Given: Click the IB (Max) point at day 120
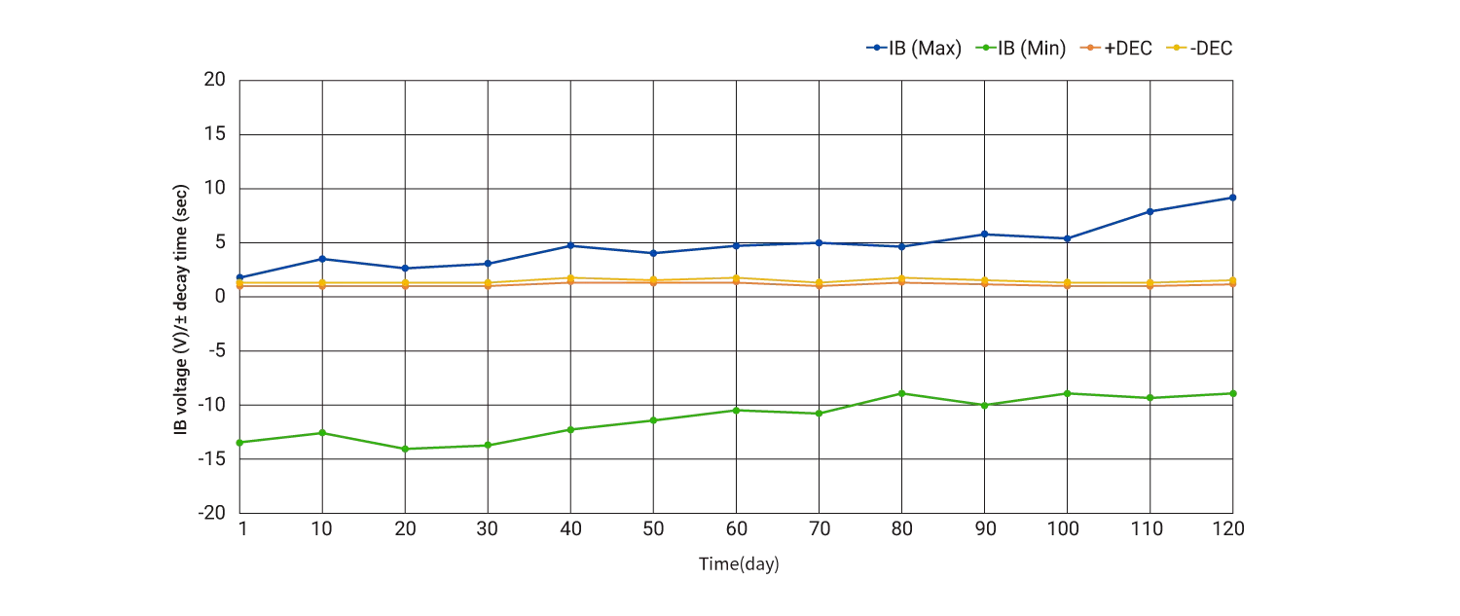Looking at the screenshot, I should coord(1233,198).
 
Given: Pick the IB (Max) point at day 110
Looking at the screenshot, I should coord(1150,211).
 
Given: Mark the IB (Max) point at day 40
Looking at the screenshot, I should coord(570,246).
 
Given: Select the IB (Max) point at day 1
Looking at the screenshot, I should coord(239,277).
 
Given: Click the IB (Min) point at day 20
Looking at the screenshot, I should coord(405,449).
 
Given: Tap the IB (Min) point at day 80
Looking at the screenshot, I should coord(901,393).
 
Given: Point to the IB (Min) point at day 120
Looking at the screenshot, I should coord(1233,393).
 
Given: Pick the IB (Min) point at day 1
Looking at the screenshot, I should coord(239,442).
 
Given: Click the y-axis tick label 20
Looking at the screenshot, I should coord(215,80).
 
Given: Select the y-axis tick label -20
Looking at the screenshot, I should coord(212,513).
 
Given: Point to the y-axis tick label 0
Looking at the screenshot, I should coord(221,297).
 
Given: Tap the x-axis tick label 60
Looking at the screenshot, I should coord(736,528).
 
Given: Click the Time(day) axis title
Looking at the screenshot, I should coord(738,564).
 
